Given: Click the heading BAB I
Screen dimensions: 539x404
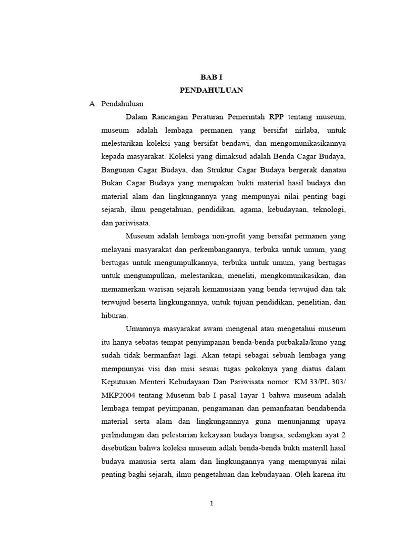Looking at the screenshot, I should (211, 77).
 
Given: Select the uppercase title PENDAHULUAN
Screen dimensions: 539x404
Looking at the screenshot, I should (211, 90).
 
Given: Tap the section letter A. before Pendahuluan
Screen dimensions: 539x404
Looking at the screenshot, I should (93, 104).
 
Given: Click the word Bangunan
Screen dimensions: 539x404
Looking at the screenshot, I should (116, 170).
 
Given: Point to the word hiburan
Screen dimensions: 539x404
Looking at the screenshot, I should (114, 316).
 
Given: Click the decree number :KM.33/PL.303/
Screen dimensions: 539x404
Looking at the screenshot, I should (320, 382).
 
